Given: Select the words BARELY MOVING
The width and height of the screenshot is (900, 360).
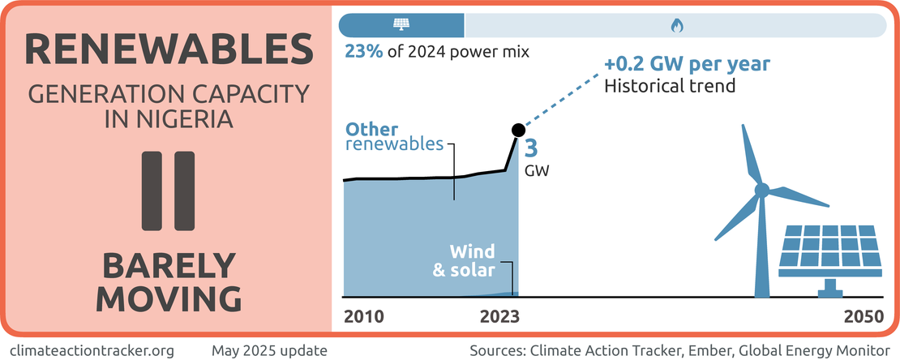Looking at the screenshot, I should (x=169, y=282).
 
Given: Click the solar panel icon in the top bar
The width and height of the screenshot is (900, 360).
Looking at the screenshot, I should (x=401, y=25).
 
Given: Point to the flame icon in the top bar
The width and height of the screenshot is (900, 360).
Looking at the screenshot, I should (x=675, y=26).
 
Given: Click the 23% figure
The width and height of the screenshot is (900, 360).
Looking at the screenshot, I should (x=362, y=53).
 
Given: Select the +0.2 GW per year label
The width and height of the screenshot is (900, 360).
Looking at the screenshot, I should (x=687, y=64).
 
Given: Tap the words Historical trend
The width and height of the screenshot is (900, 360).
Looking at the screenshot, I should (x=670, y=84).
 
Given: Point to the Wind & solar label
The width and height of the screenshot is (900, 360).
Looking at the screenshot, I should (x=463, y=260).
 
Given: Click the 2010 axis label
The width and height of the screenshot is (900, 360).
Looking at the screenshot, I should (x=362, y=316).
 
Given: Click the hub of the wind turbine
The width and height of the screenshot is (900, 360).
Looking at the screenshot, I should (x=761, y=191).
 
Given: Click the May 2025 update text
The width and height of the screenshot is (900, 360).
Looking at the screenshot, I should (x=269, y=350).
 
